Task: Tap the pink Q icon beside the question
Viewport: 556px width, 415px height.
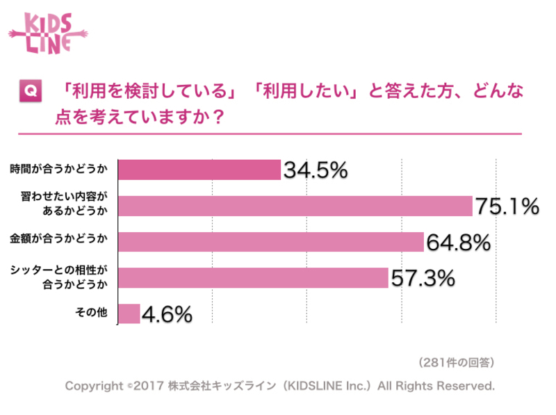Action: pyautogui.click(x=30, y=91)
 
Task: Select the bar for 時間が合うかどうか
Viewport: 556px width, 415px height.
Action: pyautogui.click(x=199, y=170)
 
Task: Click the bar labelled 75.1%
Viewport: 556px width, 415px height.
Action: pyautogui.click(x=295, y=206)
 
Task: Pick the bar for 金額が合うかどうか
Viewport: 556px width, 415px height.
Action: pyautogui.click(x=271, y=242)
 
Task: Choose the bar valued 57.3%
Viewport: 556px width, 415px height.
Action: pyautogui.click(x=253, y=278)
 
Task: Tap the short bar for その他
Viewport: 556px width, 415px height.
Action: pyautogui.click(x=129, y=314)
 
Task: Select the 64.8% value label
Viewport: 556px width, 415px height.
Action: pyautogui.click(x=458, y=243)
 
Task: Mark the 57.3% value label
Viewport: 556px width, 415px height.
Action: pyautogui.click(x=423, y=279)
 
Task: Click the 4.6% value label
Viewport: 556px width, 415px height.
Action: pyautogui.click(x=167, y=315)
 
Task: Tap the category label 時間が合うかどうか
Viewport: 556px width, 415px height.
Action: pyautogui.click(x=59, y=169)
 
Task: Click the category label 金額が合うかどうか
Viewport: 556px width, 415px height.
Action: pyautogui.click(x=59, y=241)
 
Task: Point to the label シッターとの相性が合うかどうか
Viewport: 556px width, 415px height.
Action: pyautogui.click(x=60, y=277)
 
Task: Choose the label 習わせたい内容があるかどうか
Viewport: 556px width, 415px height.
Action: pyautogui.click(x=66, y=205)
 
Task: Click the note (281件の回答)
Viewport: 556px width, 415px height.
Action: pyautogui.click(x=456, y=362)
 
